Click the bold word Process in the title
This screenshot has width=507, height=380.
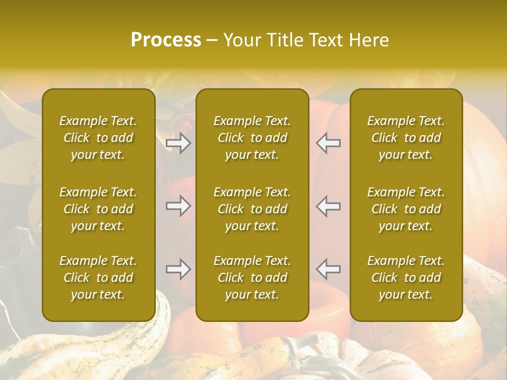coord(166,40)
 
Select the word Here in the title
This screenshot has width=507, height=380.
coord(369,40)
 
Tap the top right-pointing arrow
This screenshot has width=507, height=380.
coord(178,143)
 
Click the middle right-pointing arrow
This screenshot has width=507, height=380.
coord(178,206)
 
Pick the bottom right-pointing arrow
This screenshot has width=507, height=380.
coord(178,269)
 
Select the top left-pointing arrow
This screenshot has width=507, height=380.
coord(328,143)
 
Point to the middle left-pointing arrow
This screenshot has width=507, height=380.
coord(328,206)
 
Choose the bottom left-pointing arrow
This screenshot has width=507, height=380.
coord(328,269)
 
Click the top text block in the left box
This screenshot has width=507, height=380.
coord(98,138)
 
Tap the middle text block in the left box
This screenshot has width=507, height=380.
coord(98,209)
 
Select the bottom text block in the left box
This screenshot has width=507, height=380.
coord(98,278)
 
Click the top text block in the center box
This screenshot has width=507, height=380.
coord(252,138)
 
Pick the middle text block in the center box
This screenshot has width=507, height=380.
coord(252,209)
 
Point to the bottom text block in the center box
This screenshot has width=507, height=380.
coord(252,278)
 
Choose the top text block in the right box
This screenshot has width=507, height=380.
coord(406,138)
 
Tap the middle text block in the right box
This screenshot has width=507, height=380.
coord(406,209)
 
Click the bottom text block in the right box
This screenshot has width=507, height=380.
coord(406,278)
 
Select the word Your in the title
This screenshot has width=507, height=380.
coord(241,40)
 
